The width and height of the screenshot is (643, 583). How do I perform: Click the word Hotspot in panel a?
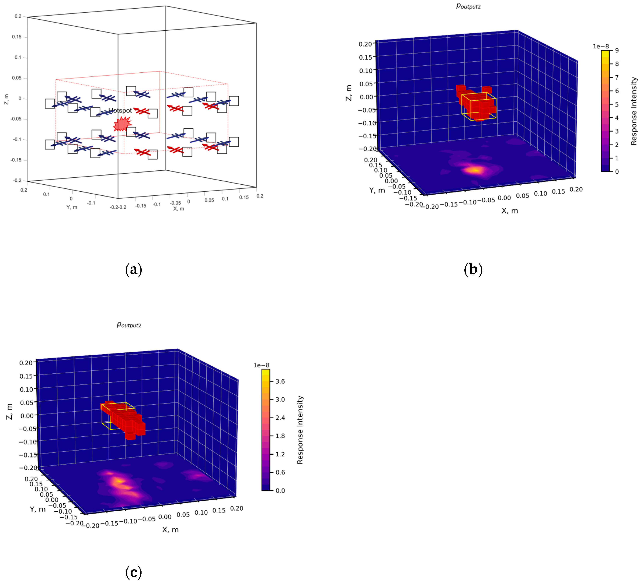point(120,110)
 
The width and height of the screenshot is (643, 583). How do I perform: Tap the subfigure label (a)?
point(134,270)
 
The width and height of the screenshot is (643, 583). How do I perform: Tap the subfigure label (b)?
point(473,270)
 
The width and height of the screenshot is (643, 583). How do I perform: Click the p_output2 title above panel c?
point(129,325)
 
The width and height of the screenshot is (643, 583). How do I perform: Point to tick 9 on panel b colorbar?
point(617,50)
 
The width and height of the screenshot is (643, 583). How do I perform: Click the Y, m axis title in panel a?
point(72,207)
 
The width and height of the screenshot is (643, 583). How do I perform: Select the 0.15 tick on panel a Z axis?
point(17,37)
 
